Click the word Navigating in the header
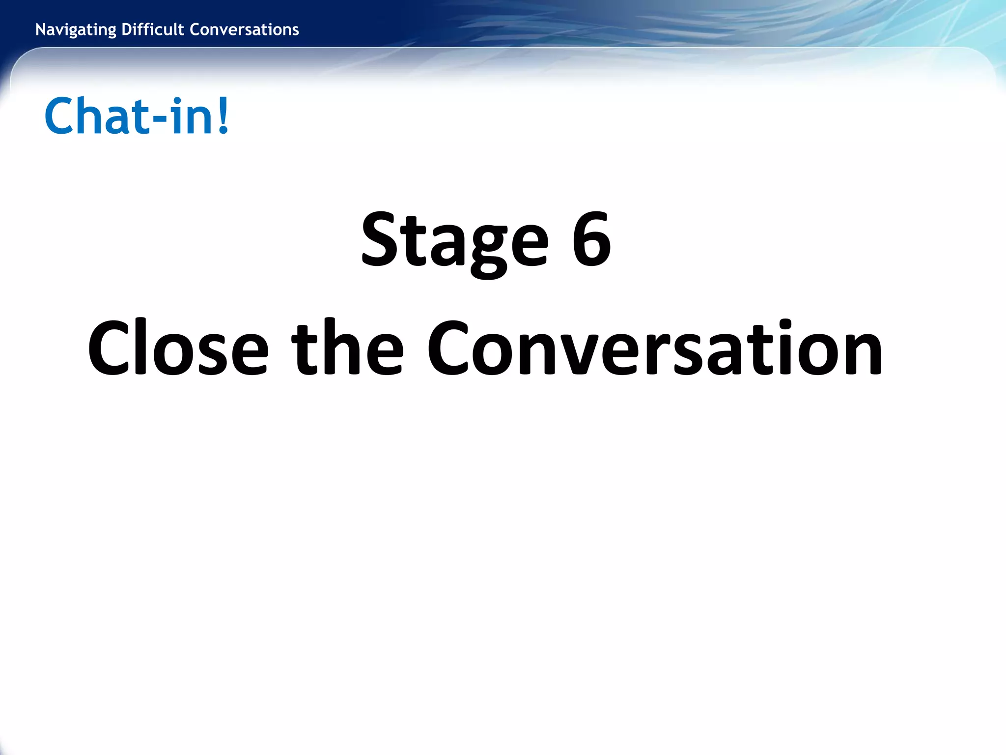point(76,30)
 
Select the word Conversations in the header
point(244,30)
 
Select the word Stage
point(454,241)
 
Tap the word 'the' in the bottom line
point(348,348)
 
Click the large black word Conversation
point(654,348)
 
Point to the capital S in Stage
point(379,240)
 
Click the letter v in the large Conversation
point(585,354)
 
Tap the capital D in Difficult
point(126,30)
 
